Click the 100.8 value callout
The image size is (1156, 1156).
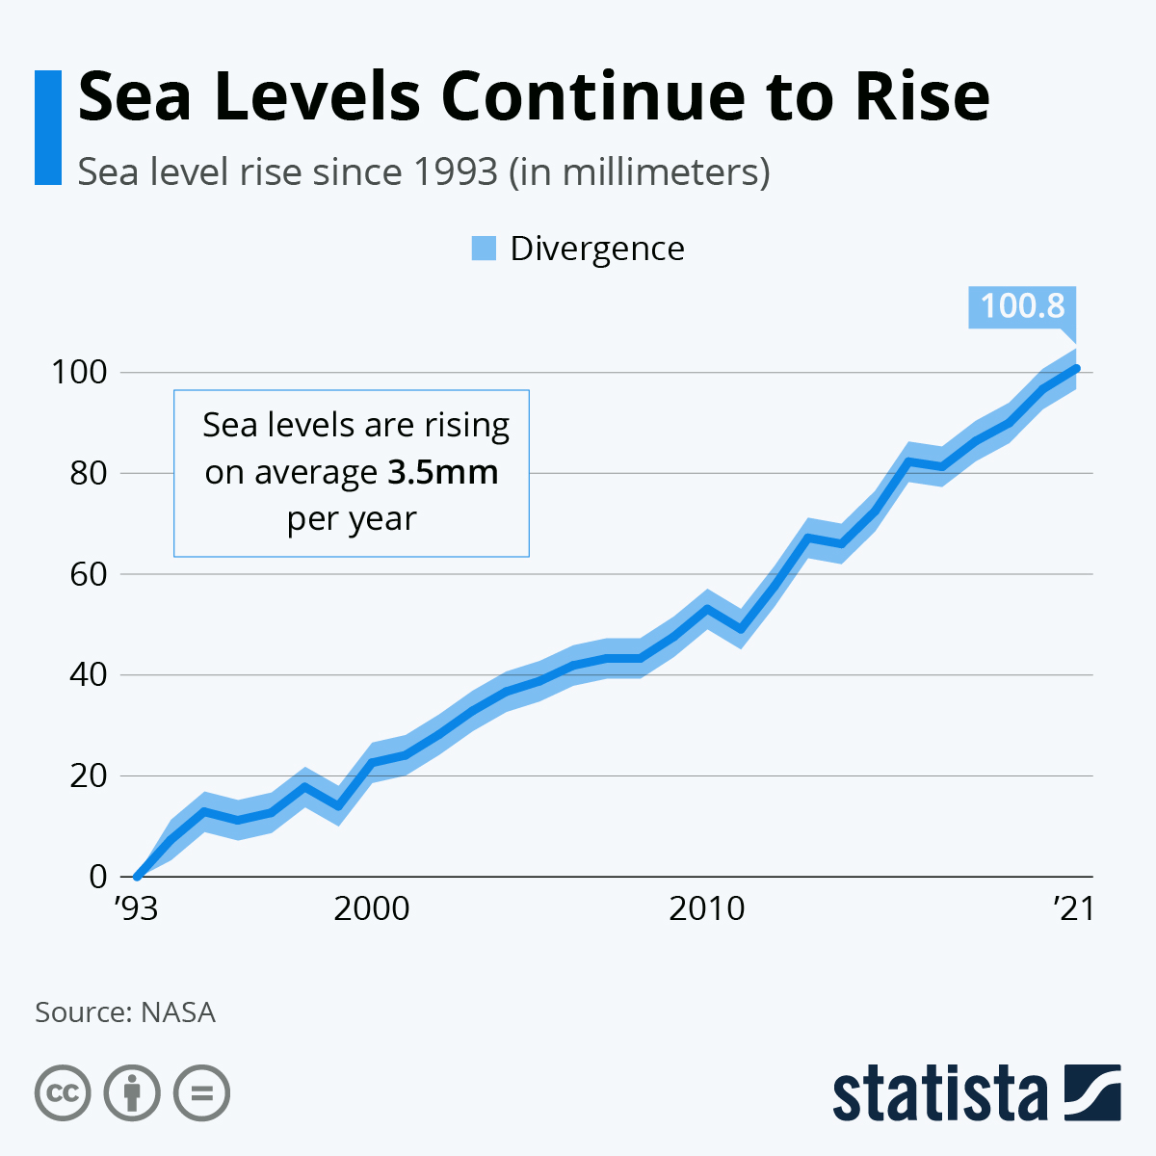click(x=1022, y=306)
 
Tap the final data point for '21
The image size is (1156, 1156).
click(x=1076, y=368)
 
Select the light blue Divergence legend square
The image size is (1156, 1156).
click(x=484, y=249)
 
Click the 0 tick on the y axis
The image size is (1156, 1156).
click(x=97, y=877)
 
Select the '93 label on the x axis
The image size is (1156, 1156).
click(x=135, y=908)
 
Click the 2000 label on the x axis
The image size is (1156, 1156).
click(x=372, y=908)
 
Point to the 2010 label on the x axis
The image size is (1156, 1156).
click(x=707, y=908)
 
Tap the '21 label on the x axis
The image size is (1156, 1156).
click(x=1073, y=908)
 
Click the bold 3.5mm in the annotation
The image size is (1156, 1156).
click(x=443, y=472)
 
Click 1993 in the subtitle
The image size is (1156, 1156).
click(x=455, y=172)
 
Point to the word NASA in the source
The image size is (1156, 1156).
click(x=178, y=1012)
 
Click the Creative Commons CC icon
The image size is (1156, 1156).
click(x=63, y=1093)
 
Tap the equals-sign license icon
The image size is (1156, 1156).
click(x=201, y=1093)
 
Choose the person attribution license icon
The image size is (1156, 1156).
click(x=132, y=1093)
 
